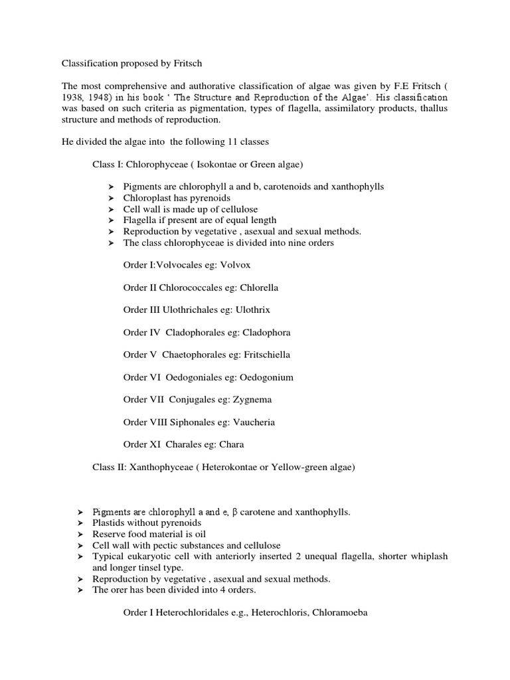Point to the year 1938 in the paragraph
tap(74, 97)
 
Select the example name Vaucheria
tap(251, 422)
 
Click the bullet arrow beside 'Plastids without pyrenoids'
tap(80, 523)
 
